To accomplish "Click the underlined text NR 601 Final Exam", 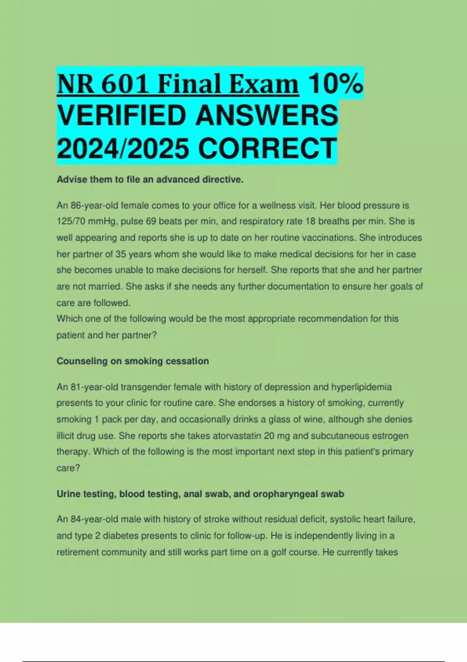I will tap(177, 84).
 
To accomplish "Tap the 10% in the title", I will tap(335, 84).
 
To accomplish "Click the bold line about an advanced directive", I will tap(150, 180).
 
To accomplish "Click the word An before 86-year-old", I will tap(62, 205).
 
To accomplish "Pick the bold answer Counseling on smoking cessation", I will tap(133, 361).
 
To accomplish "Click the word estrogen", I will tap(390, 436).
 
